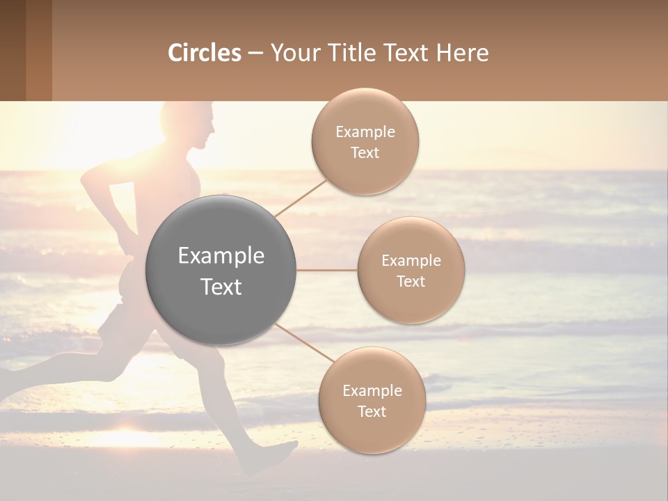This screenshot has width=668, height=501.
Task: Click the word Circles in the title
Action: pyautogui.click(x=205, y=53)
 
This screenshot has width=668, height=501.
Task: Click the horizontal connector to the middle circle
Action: pyautogui.click(x=326, y=270)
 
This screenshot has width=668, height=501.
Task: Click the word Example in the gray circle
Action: pyautogui.click(x=221, y=256)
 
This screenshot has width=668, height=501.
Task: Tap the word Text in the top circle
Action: pyautogui.click(x=365, y=153)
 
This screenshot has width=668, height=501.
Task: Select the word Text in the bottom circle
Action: pyautogui.click(x=372, y=411)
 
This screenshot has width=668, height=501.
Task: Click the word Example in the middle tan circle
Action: pyautogui.click(x=411, y=260)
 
